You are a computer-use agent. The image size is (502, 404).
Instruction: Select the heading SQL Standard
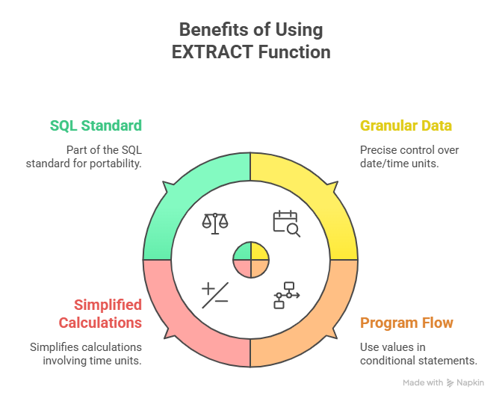pos(96,125)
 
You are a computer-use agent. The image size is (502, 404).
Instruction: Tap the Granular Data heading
pos(406,125)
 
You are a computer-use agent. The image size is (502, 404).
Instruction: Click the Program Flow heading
pos(406,323)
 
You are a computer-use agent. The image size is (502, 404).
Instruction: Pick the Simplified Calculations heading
pos(108,314)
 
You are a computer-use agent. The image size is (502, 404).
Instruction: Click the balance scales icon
pos(215,223)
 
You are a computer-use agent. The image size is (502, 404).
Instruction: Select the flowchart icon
pos(286,294)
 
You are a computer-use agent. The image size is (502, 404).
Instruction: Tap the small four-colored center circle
pos(250,259)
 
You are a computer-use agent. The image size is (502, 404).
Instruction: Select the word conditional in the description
pos(393,361)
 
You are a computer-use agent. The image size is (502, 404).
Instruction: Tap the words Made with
pos(423,382)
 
